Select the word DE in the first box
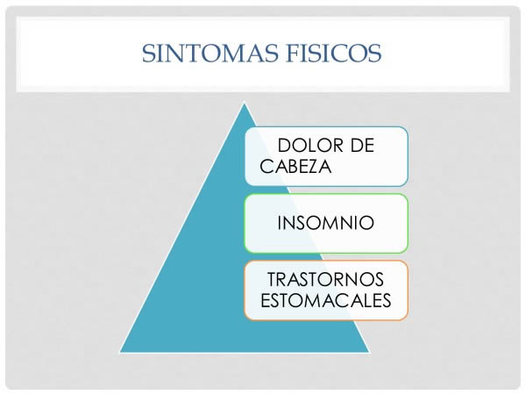(x=363, y=146)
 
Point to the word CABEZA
(x=295, y=166)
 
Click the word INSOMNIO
(x=326, y=223)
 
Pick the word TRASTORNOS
(x=325, y=279)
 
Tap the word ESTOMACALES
(x=326, y=300)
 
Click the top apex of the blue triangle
(x=245, y=103)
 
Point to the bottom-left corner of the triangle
(x=120, y=352)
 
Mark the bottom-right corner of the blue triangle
(x=369, y=352)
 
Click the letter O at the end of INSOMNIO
(x=366, y=223)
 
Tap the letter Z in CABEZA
(x=310, y=166)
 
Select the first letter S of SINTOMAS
(x=148, y=53)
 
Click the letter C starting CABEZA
(x=267, y=166)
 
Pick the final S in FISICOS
(x=375, y=53)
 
